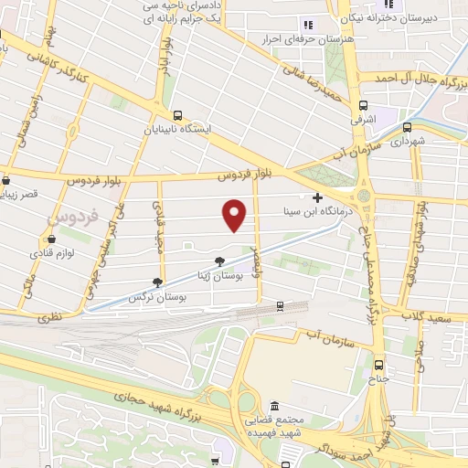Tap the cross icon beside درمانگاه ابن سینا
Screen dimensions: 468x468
tap(318, 197)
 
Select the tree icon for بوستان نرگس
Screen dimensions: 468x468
tap(158, 283)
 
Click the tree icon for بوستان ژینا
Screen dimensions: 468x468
tap(219, 261)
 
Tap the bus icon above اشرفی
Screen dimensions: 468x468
tap(364, 106)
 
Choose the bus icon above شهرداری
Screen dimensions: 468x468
tap(407, 128)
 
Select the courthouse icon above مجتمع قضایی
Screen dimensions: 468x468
tap(274, 405)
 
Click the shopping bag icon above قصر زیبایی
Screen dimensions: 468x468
tap(6, 180)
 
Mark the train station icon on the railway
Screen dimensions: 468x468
tap(280, 305)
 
